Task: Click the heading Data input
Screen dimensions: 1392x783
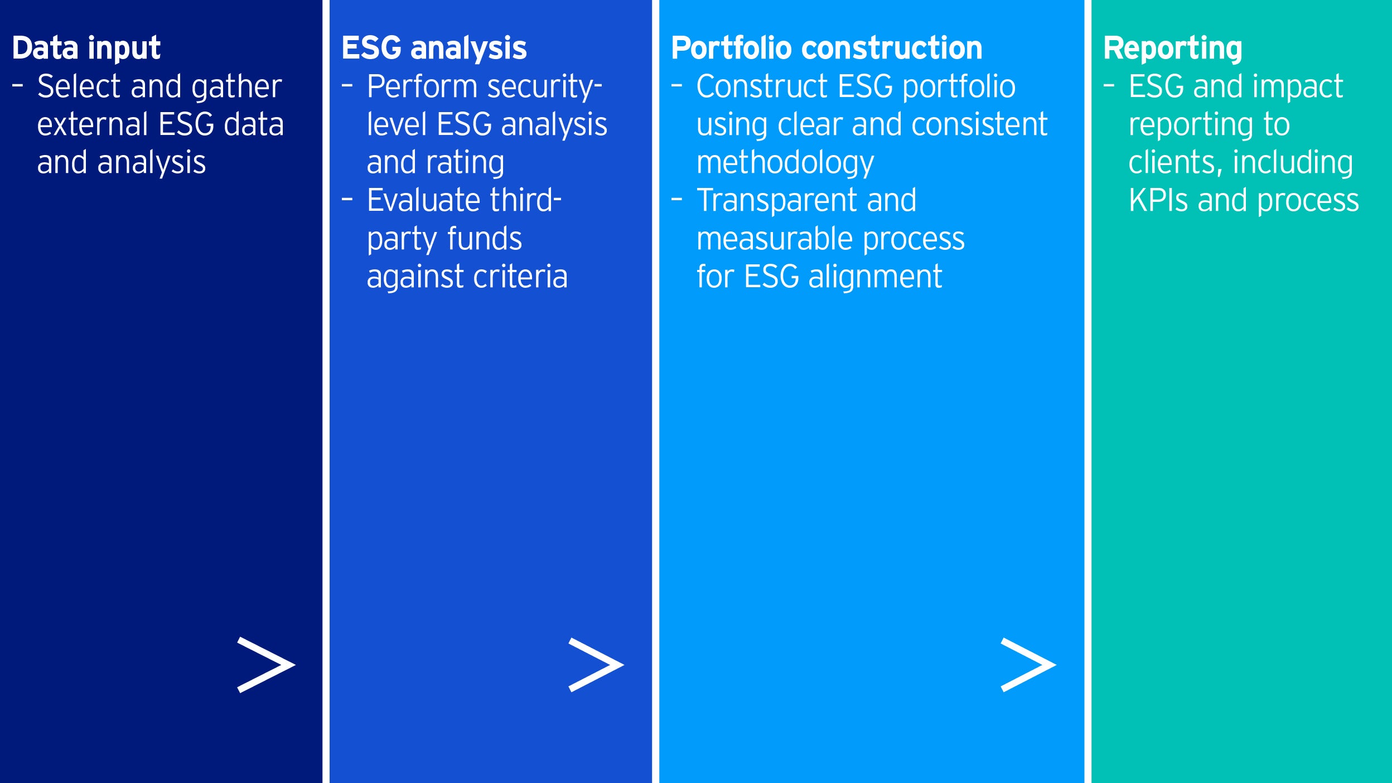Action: [86, 48]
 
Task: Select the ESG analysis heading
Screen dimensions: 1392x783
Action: [434, 48]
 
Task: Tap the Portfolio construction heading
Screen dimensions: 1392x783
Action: [826, 48]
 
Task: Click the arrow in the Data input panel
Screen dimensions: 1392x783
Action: [266, 665]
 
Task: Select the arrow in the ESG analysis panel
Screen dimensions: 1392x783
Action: [596, 665]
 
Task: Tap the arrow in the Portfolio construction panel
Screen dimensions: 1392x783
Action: [1028, 665]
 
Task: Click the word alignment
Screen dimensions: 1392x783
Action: [875, 278]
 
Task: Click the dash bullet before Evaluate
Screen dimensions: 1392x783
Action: [347, 199]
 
